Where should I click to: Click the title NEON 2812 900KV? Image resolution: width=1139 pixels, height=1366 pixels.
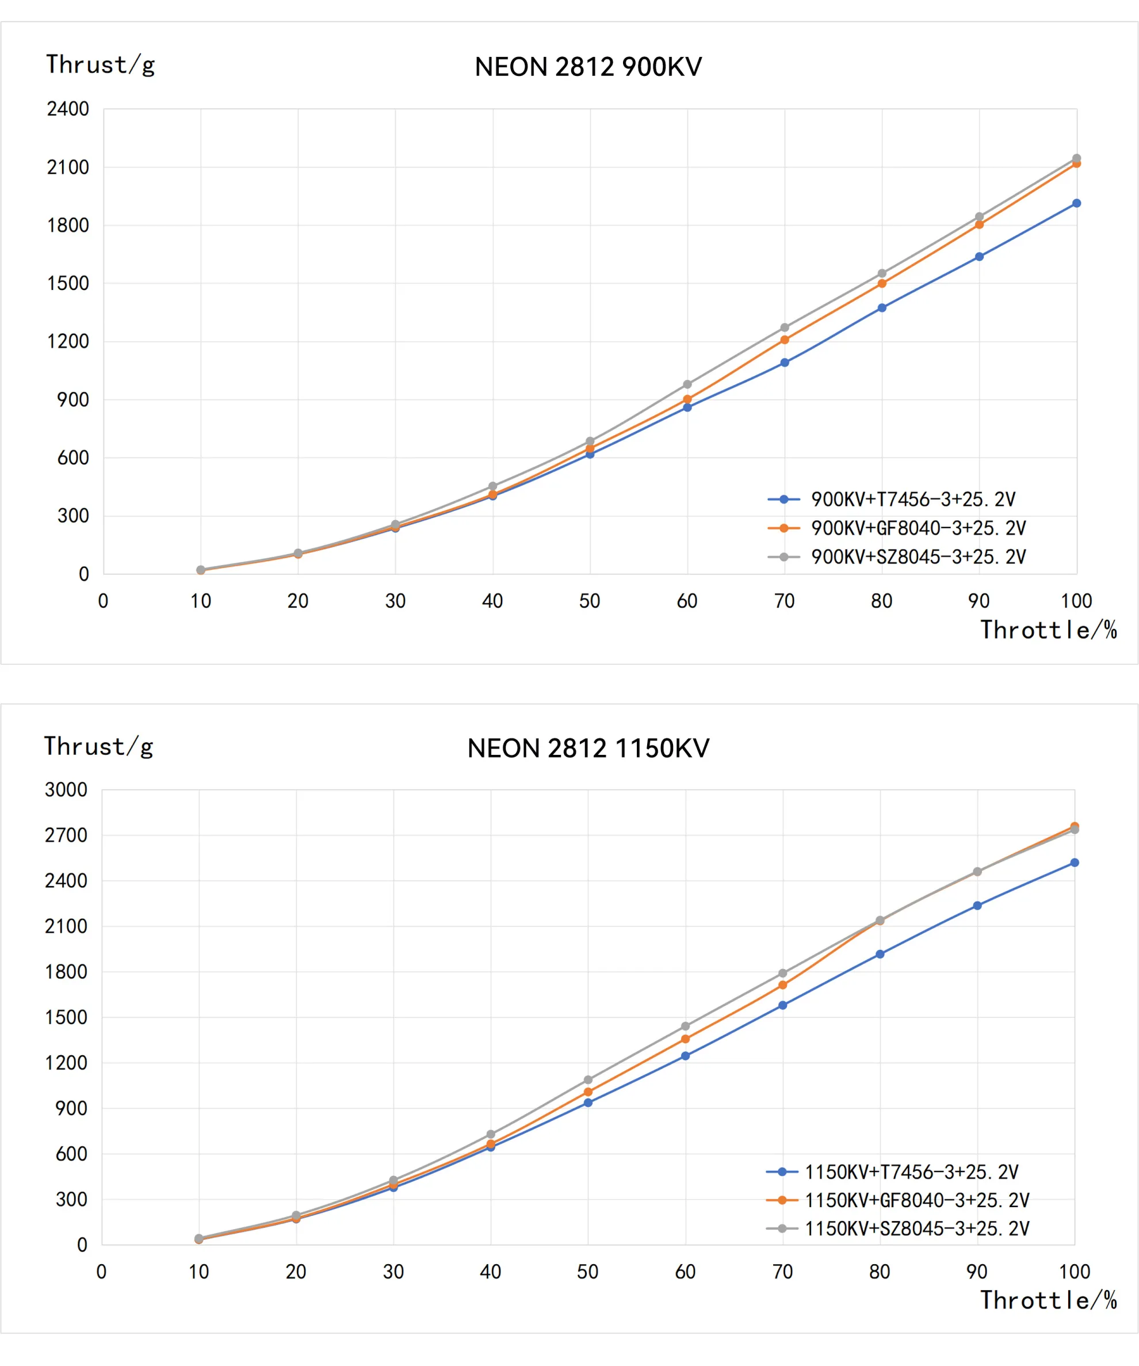588,67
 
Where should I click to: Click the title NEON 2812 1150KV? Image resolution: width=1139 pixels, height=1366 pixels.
588,748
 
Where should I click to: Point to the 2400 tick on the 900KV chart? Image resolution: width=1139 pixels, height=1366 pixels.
68,109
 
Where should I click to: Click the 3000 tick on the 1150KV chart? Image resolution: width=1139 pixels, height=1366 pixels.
66,789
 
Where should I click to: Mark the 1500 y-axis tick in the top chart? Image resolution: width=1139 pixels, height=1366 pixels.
68,283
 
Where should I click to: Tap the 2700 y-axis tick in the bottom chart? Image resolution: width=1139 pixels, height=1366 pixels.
66,835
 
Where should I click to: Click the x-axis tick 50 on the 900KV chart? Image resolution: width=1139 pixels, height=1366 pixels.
589,601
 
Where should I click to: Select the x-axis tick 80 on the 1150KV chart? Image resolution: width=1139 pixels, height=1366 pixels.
880,1272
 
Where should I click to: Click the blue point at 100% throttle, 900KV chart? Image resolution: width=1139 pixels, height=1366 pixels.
1076,204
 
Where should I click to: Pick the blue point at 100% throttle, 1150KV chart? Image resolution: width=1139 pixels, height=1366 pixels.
1075,863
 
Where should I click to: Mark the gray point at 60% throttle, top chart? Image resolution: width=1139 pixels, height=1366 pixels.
687,384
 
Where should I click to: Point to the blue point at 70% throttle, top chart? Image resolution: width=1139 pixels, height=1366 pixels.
785,363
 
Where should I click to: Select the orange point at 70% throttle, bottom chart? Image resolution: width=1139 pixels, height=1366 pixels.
782,985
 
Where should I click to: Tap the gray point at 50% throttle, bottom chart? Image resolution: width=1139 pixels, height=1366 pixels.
588,1080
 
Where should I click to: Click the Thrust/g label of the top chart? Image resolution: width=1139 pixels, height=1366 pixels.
100,65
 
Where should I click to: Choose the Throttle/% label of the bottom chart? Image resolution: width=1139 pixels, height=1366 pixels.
1048,1300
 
